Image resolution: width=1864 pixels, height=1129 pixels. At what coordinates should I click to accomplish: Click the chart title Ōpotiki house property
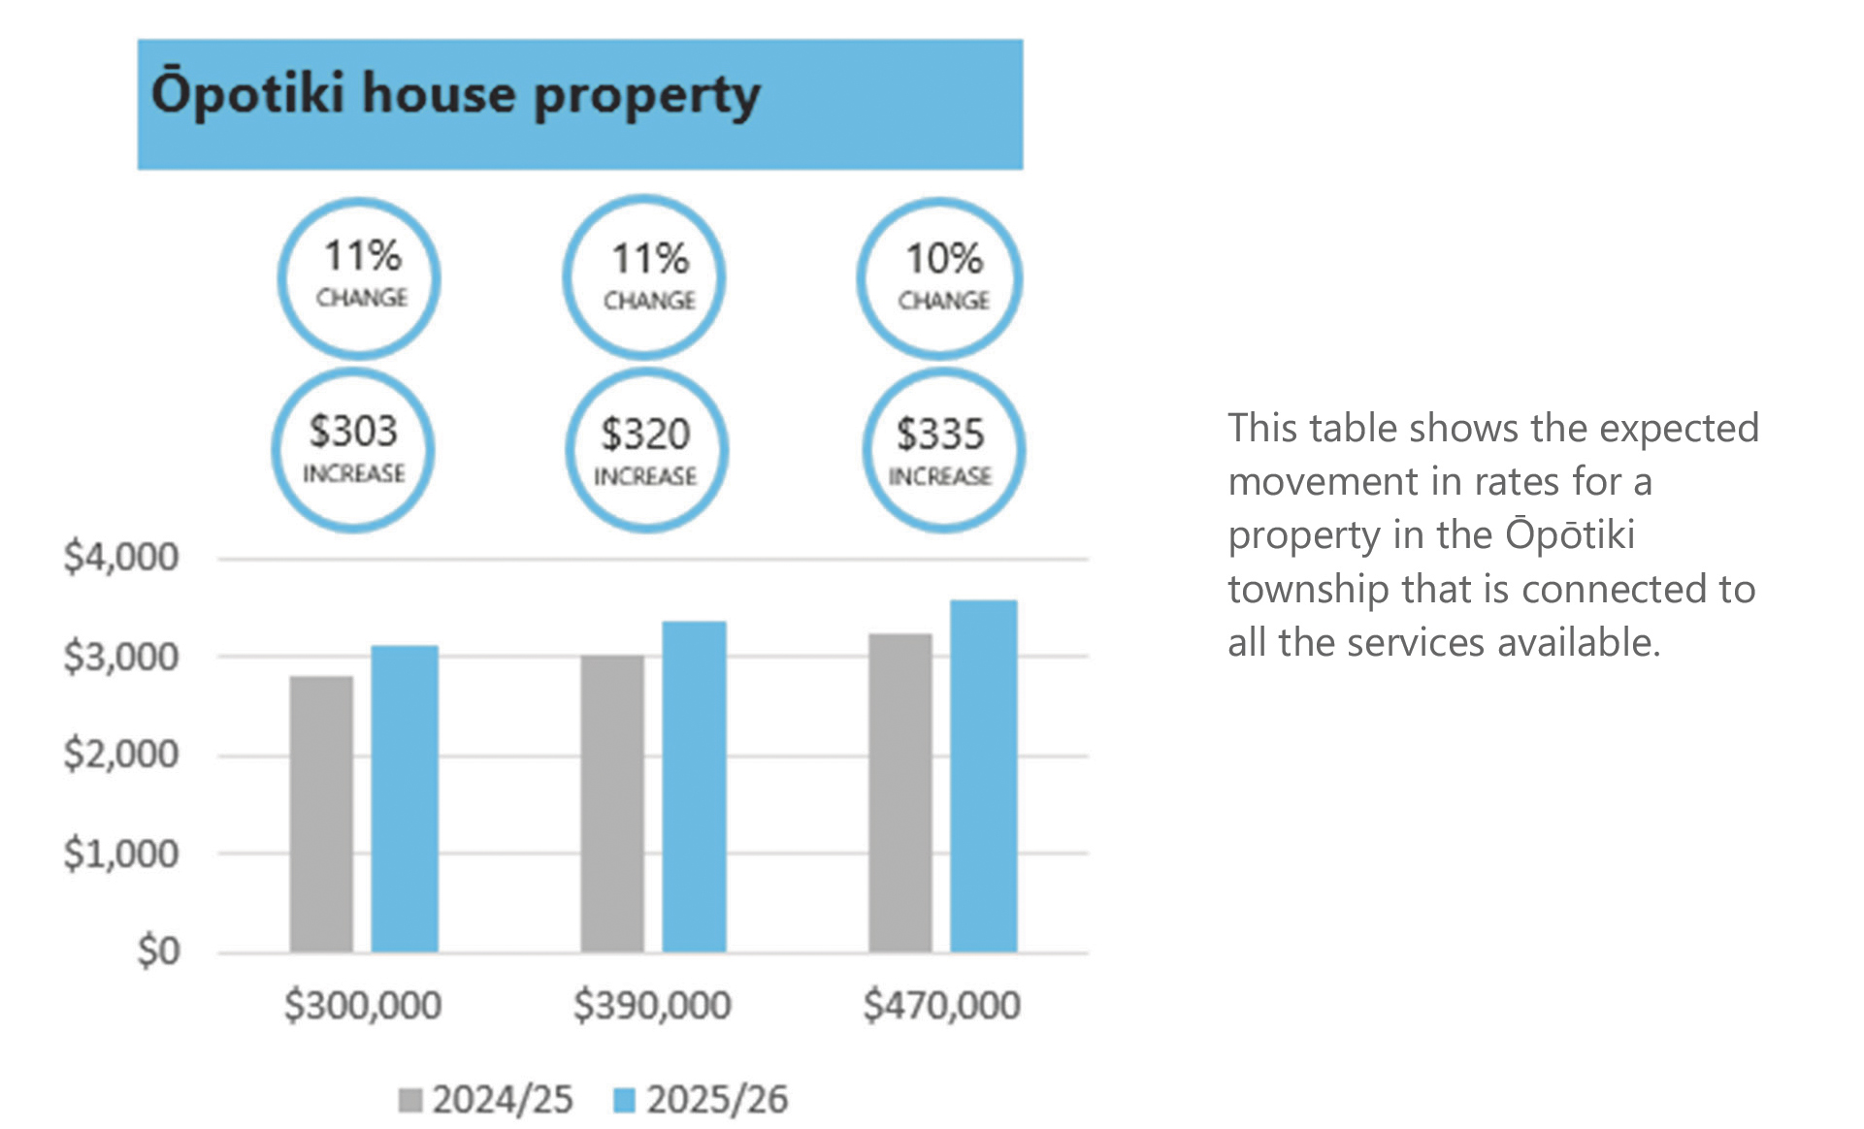click(x=455, y=95)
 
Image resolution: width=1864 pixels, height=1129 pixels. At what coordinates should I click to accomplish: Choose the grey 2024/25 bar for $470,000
click(x=900, y=792)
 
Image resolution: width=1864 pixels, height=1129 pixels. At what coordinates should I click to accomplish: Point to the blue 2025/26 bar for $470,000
click(x=983, y=775)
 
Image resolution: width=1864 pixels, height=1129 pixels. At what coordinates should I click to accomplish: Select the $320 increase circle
click(x=646, y=452)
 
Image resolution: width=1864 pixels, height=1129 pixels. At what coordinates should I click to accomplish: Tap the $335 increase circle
click(x=942, y=452)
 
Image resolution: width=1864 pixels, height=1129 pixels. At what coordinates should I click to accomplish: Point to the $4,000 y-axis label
click(x=121, y=558)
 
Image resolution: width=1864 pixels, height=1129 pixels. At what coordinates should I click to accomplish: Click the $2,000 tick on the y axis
click(x=121, y=754)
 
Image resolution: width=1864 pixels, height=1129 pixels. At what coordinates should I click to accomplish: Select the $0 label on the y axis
click(x=158, y=951)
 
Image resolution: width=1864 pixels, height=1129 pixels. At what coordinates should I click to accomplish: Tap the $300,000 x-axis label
click(x=363, y=1005)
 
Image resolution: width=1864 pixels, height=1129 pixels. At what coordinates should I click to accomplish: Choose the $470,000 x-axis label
click(x=941, y=1005)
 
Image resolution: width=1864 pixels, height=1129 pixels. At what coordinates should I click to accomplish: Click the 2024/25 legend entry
click(x=487, y=1100)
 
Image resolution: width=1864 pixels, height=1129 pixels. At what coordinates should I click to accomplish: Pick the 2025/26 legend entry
click(x=702, y=1100)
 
